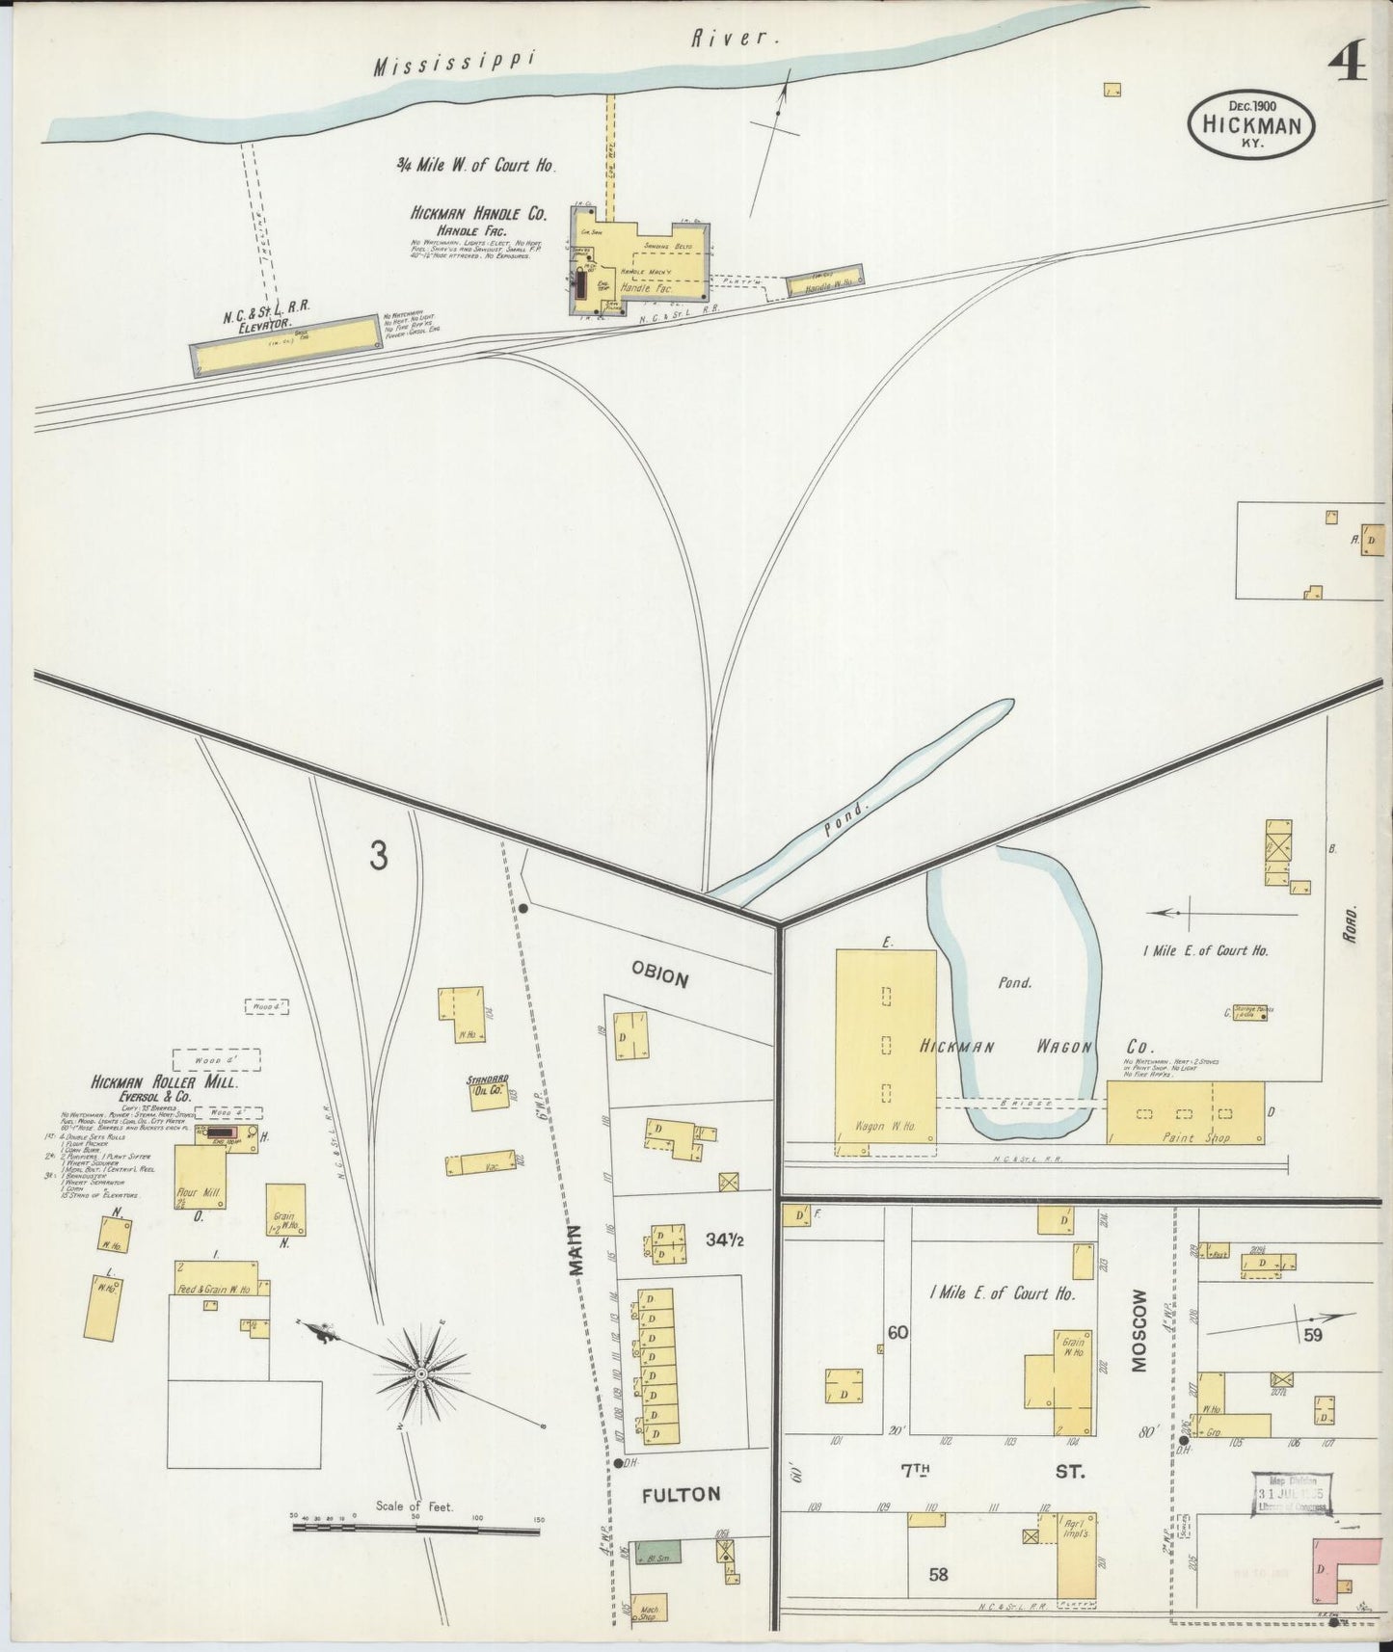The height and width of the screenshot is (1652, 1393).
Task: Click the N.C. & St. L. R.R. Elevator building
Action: [285, 344]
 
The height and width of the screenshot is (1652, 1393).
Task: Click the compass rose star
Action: [421, 1371]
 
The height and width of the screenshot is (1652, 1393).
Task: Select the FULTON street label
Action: [681, 1522]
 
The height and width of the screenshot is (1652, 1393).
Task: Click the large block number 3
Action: [379, 855]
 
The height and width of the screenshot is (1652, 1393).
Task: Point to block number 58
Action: [938, 1575]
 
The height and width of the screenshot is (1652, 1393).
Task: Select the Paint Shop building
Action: [1184, 1111]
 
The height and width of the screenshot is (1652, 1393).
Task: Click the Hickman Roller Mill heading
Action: [164, 1082]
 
